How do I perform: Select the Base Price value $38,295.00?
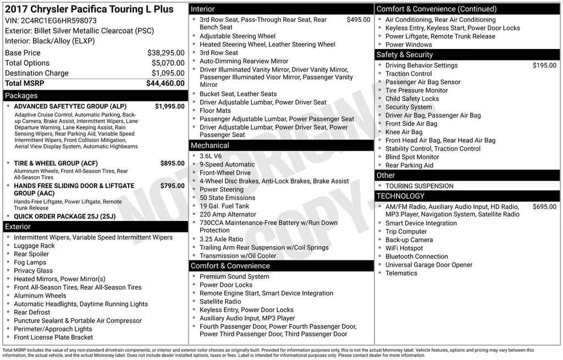tap(165, 53)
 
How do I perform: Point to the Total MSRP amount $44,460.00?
tap(165, 84)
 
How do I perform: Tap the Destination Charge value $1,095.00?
tap(165, 73)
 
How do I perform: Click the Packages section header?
tap(21, 96)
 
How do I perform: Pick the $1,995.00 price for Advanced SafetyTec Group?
tap(169, 107)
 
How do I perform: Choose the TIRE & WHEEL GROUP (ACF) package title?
tap(56, 163)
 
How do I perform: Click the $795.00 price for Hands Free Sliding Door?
tap(172, 186)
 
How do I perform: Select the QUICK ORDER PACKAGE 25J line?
tap(65, 216)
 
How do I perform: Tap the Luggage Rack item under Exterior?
tap(35, 246)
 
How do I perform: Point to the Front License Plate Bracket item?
tap(53, 337)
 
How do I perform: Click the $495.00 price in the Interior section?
tap(358, 20)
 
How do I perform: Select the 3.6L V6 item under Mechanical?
tap(211, 156)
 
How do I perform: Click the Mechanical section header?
tap(210, 145)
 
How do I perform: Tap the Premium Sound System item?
tap(234, 276)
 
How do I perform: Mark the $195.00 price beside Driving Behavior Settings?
tap(544, 65)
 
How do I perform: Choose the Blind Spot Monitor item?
tap(412, 157)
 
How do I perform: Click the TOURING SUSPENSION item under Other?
tap(420, 186)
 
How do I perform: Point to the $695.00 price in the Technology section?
tap(544, 207)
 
